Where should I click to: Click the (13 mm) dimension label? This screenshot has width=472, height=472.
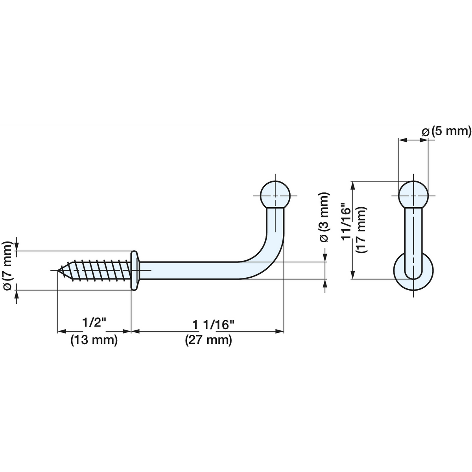click(94, 340)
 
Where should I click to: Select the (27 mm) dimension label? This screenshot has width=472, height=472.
click(208, 340)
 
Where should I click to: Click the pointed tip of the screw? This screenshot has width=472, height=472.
click(58, 270)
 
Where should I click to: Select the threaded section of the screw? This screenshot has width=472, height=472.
click(95, 270)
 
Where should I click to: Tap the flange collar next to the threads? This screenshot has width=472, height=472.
click(135, 270)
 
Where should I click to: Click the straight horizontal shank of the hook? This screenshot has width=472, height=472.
click(189, 270)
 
